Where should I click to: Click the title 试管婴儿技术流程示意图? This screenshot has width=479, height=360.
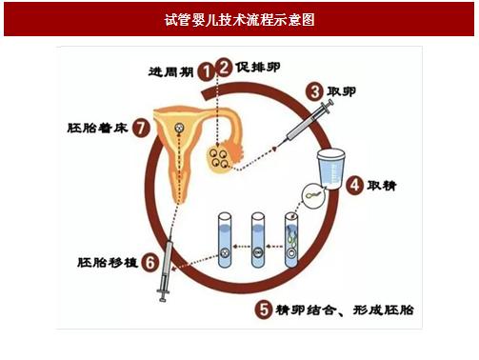(239, 20)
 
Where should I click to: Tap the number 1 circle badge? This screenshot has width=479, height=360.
(206, 71)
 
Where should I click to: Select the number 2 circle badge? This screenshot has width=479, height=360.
(224, 67)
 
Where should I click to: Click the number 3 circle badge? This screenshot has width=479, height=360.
(314, 91)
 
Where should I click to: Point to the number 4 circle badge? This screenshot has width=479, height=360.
(354, 186)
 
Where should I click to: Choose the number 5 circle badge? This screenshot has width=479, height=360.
(264, 309)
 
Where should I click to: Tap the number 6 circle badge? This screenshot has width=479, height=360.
(150, 262)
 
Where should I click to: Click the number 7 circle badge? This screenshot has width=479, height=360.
(141, 128)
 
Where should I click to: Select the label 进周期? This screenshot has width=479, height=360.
(170, 71)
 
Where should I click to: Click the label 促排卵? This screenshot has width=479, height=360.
(258, 68)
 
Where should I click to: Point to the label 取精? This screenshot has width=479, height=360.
(382, 186)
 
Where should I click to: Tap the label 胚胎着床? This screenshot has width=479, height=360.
(97, 128)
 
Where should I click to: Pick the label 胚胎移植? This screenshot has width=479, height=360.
(108, 263)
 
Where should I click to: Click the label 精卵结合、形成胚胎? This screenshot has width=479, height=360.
(345, 310)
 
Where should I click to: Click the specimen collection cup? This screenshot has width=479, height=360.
(331, 169)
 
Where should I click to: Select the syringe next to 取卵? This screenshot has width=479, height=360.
(305, 123)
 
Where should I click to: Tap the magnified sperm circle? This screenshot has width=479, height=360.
(313, 196)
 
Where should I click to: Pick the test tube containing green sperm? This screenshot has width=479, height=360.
(291, 240)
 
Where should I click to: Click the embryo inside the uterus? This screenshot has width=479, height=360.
(179, 129)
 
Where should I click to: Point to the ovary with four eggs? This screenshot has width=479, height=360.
(219, 158)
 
